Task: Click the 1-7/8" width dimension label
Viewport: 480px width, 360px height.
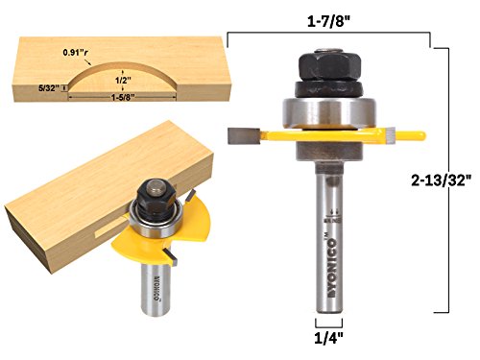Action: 329,19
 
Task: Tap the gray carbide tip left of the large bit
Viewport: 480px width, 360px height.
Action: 239,137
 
